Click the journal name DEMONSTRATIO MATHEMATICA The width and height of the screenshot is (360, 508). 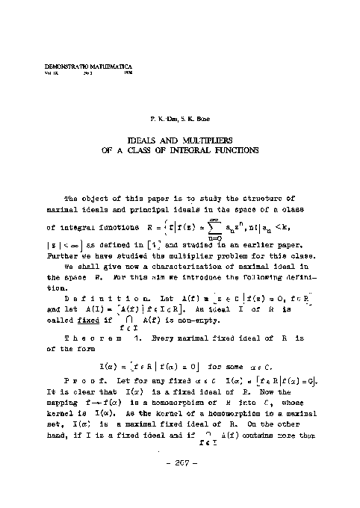point(72,67)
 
